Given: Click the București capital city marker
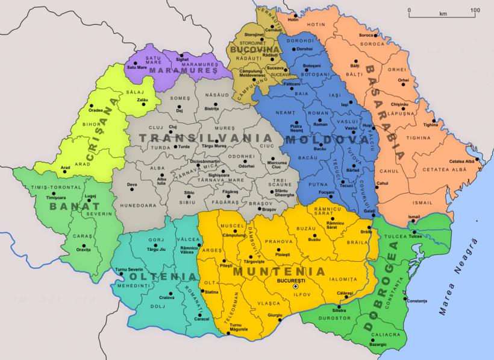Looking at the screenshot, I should (295, 287).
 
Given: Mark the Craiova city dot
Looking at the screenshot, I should (171, 294).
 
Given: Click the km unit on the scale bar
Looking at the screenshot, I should (443, 13).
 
